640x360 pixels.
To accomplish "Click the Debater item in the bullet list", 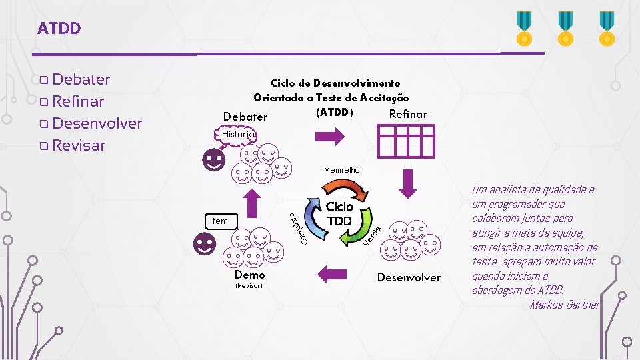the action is [x=81, y=79].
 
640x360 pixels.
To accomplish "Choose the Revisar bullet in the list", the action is [x=78, y=145].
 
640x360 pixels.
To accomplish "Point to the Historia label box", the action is [x=238, y=135].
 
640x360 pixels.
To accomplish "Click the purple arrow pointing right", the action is [x=329, y=136].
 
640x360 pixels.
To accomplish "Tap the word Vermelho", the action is [x=342, y=170].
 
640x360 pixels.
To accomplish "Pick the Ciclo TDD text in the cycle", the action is [x=339, y=213].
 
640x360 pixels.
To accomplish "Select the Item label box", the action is [x=219, y=221].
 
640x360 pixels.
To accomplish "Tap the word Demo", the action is [x=250, y=275].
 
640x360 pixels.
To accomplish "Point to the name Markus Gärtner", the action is [x=565, y=305].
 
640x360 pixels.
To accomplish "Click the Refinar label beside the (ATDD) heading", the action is [x=408, y=114].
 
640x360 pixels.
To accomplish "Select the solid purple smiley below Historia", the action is [x=215, y=160].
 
